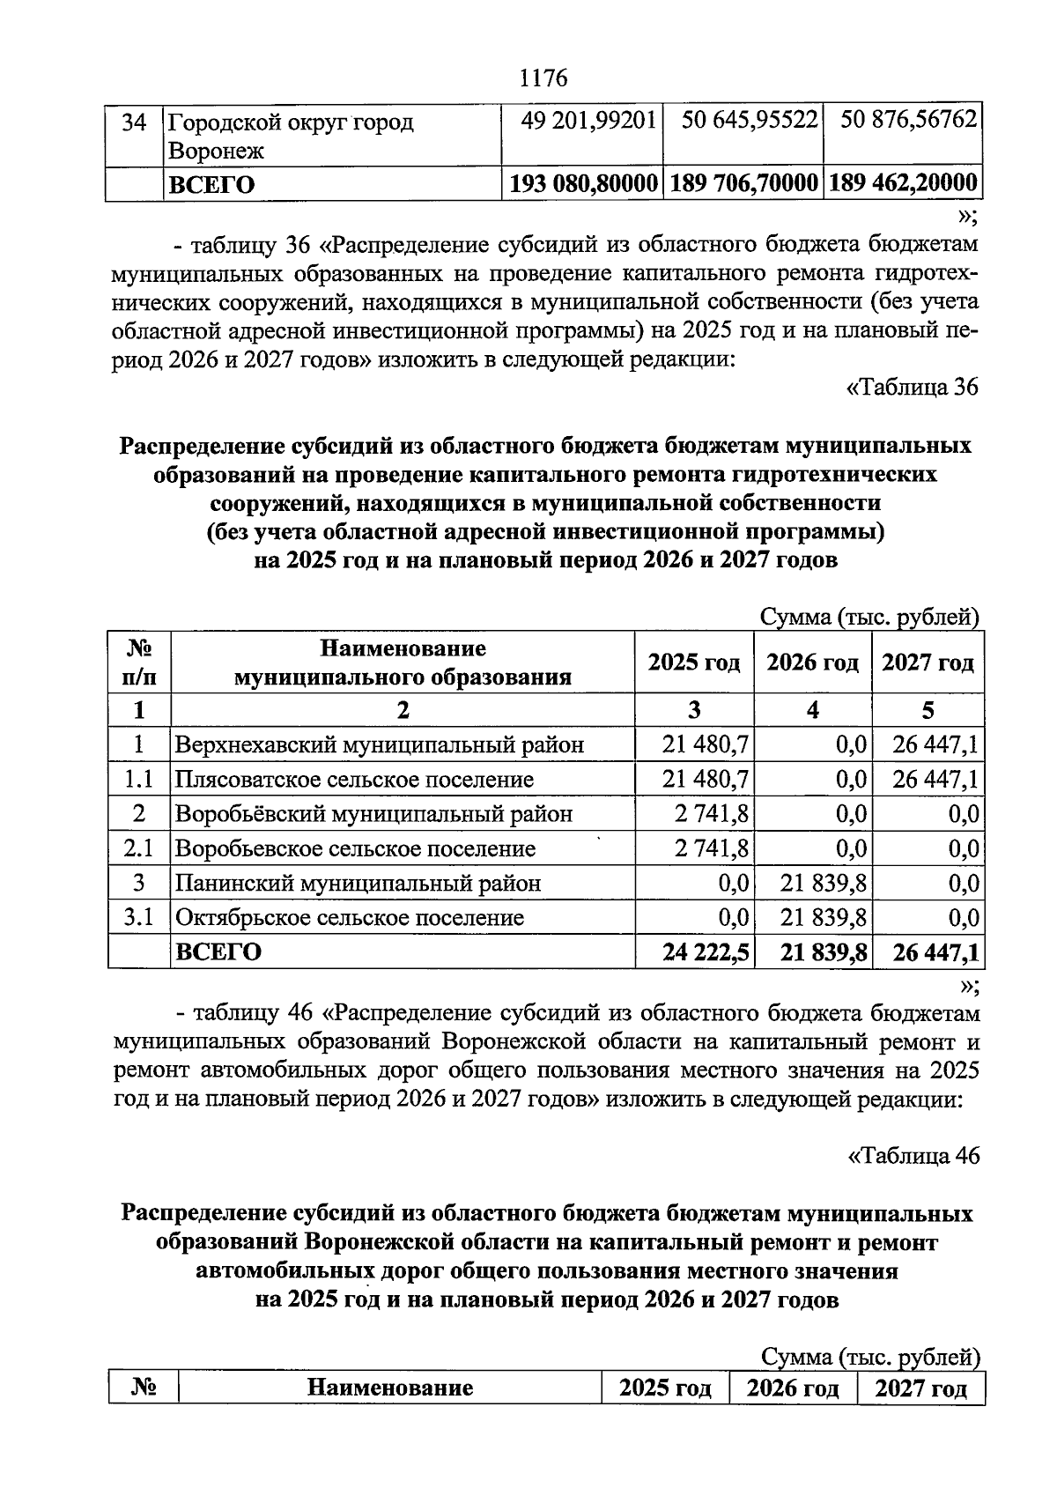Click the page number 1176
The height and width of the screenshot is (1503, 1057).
coord(543,78)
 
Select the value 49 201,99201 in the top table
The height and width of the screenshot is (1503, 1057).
coord(588,120)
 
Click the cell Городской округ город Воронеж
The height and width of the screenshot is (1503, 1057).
coord(291,135)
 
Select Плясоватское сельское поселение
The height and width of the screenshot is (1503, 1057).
coord(354,780)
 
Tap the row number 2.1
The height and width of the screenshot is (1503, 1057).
coord(138,848)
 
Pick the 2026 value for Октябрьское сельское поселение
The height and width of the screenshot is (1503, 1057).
coord(824,918)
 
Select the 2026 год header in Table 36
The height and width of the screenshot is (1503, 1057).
coord(811,663)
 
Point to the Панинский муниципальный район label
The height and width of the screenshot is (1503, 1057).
coord(358,883)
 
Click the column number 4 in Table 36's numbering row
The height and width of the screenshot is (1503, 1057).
coord(812,710)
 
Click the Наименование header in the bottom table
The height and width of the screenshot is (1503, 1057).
coord(389,1388)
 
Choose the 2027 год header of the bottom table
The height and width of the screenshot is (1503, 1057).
coord(920,1388)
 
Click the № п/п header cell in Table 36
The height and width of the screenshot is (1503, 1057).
coord(138,663)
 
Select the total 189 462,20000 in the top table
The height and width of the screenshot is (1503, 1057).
coord(903,183)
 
